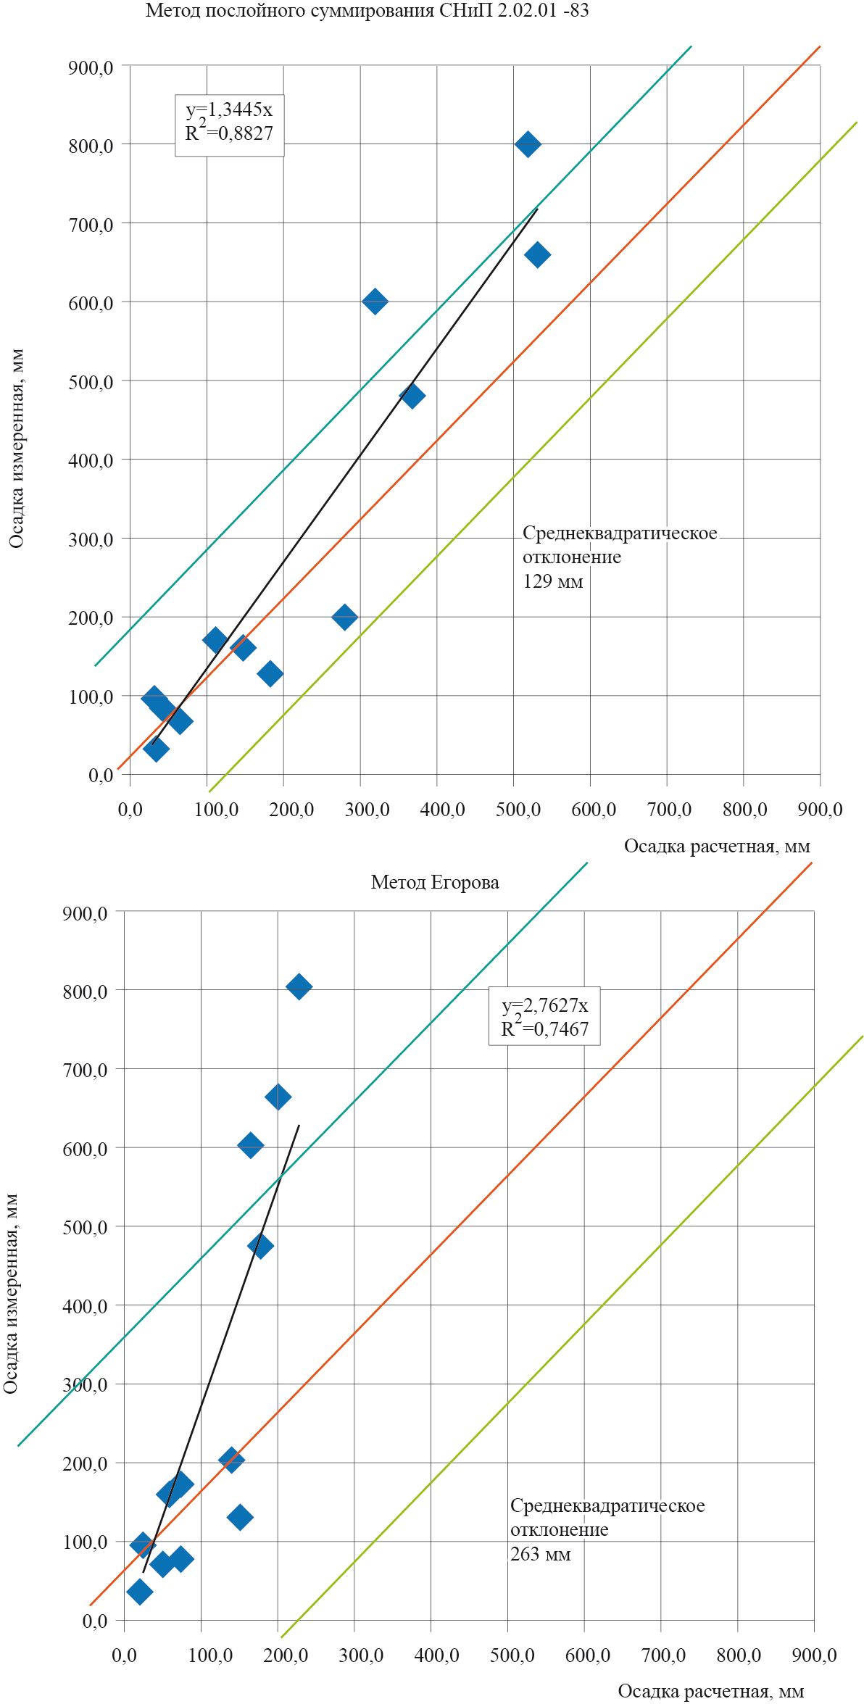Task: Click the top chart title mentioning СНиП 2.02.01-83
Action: coord(367,11)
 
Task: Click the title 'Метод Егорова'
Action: coord(435,882)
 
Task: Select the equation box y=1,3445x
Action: coord(229,125)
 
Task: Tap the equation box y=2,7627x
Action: coord(544,1016)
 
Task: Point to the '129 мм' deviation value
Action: coord(553,581)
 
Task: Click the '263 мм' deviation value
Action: coord(540,1554)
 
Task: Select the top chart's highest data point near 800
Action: coord(528,144)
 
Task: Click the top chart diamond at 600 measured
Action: coord(375,301)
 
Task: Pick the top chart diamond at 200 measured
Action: coord(344,617)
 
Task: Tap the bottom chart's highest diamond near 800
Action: coord(299,986)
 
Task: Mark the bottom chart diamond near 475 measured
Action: coord(261,1246)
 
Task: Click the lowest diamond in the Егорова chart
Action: coord(139,1591)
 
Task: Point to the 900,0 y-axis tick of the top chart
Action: coord(91,67)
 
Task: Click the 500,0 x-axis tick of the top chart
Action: coord(518,810)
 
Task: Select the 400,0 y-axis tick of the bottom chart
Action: coord(85,1306)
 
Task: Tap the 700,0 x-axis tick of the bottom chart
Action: coord(662,1655)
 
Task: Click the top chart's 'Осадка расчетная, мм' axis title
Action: coord(717,846)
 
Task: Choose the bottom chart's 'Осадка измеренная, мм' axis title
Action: coord(12,1293)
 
